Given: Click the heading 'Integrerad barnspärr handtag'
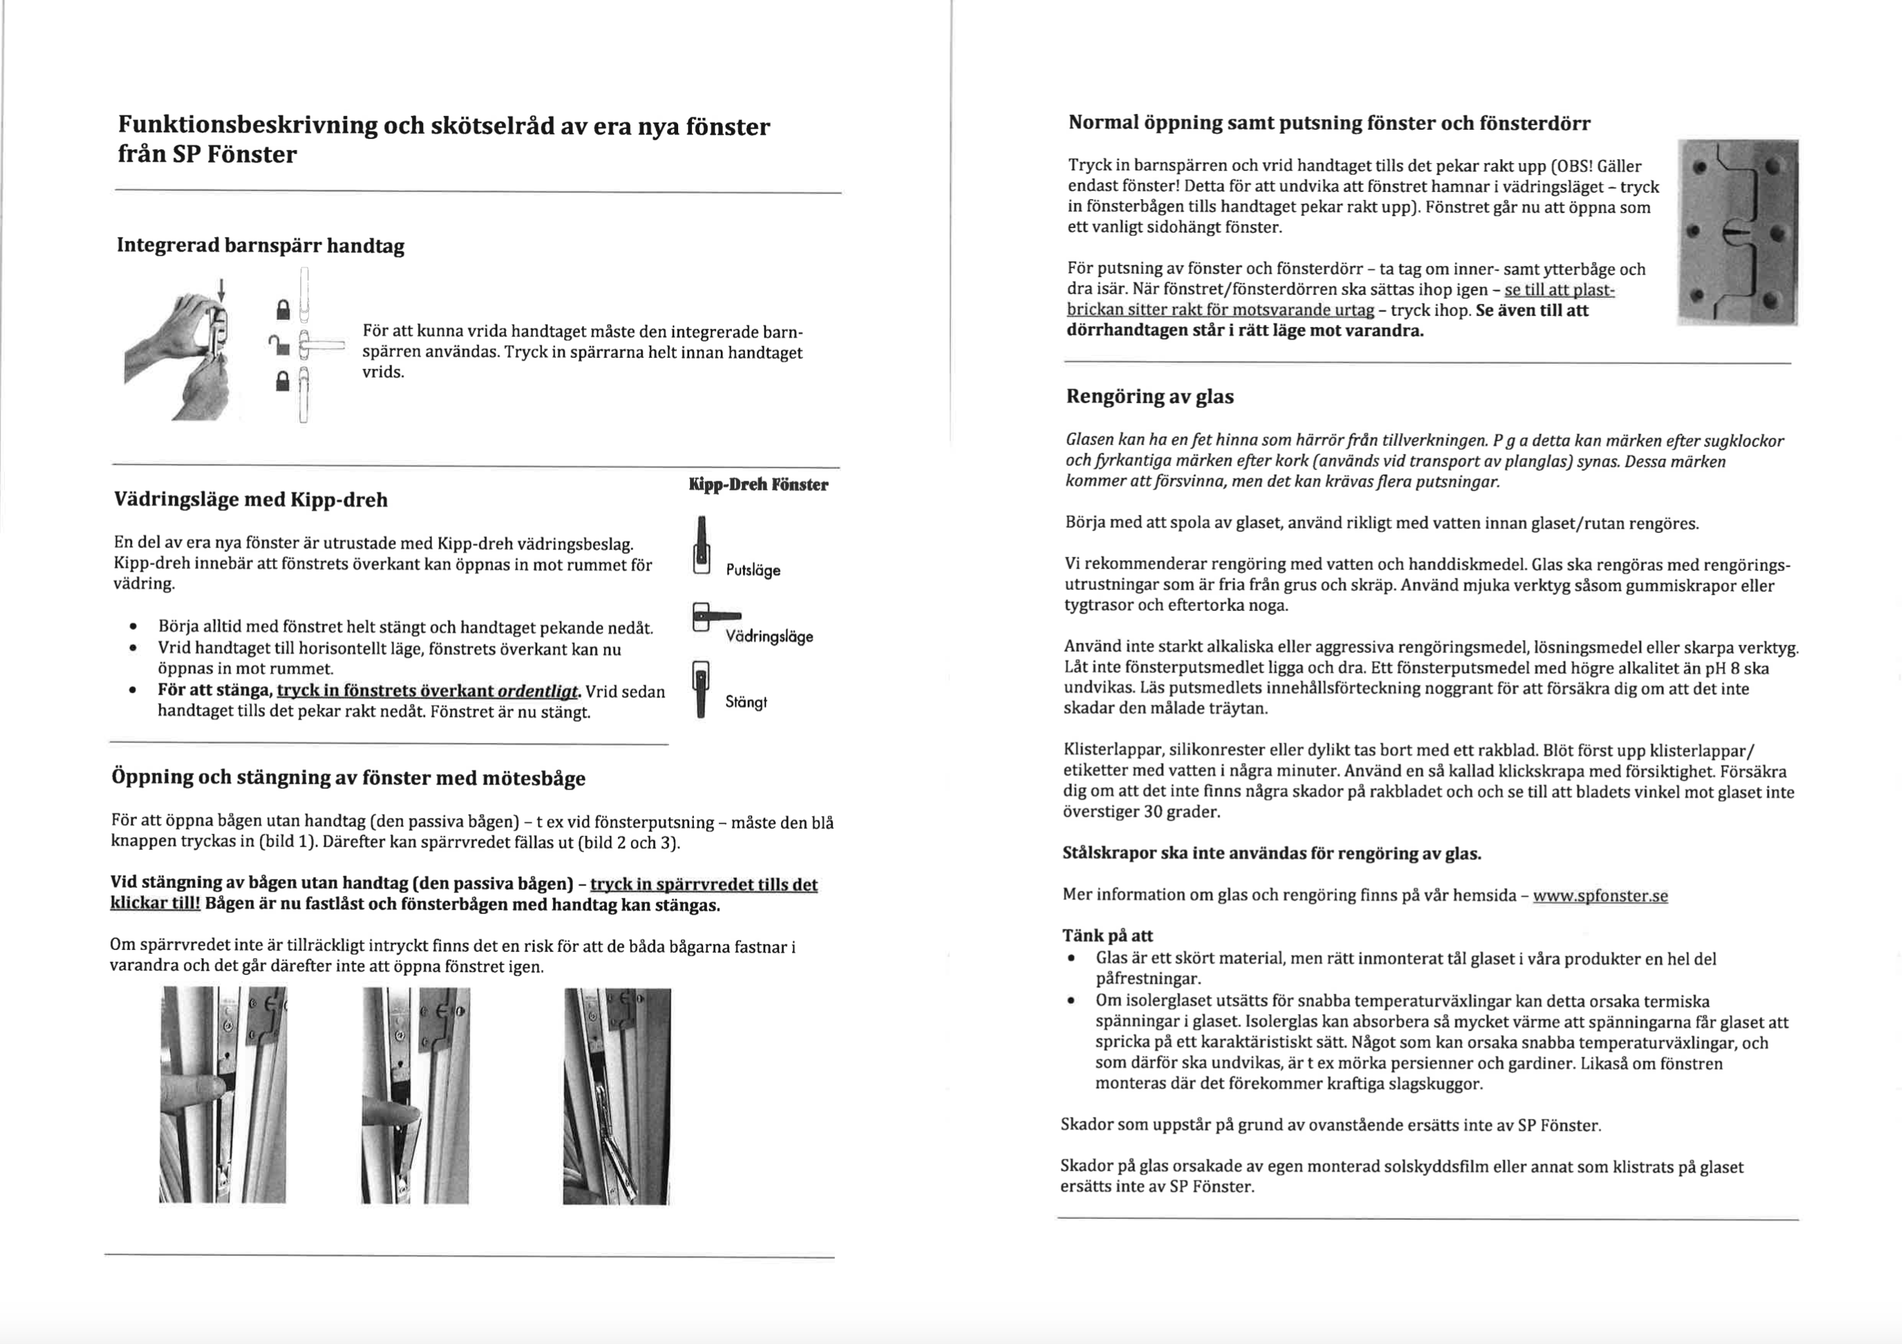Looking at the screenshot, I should (260, 246).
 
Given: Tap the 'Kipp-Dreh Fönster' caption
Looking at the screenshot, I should (758, 484).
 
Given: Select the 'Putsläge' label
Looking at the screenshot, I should (753, 570).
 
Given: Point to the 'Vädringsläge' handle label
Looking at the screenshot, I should (769, 637).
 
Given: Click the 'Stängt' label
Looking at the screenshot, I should (746, 702).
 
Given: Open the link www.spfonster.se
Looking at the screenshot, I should (1600, 896).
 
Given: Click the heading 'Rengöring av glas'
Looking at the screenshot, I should (1149, 397).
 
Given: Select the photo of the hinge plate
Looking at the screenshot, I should (1737, 233).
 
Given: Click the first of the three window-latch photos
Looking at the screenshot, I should (223, 1095).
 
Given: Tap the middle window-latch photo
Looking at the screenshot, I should (416, 1095).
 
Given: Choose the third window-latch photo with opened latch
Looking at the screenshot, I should (617, 1096).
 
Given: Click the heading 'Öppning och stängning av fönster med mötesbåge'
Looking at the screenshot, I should (348, 778).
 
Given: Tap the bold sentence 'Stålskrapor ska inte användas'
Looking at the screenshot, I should (1272, 854).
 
